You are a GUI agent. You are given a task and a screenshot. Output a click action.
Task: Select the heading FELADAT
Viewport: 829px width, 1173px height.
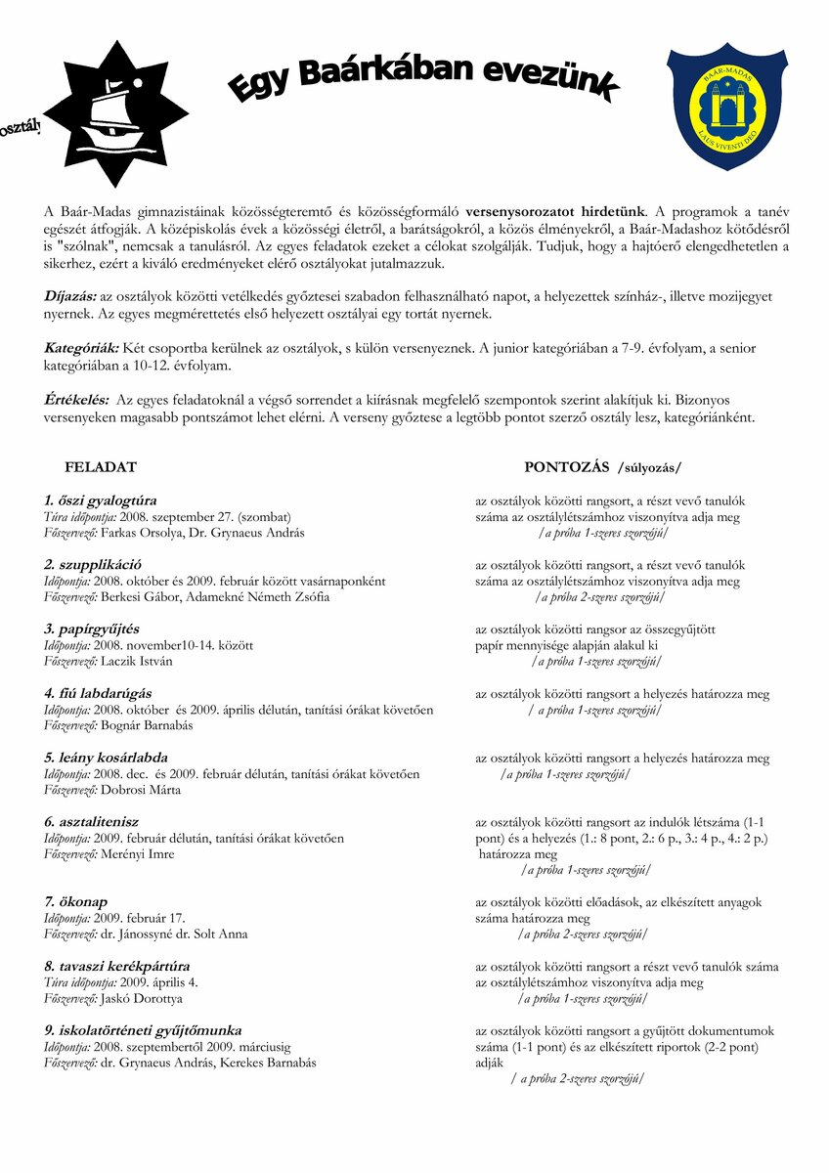tap(101, 467)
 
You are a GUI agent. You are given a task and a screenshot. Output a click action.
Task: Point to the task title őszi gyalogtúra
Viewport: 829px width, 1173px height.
tap(107, 500)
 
